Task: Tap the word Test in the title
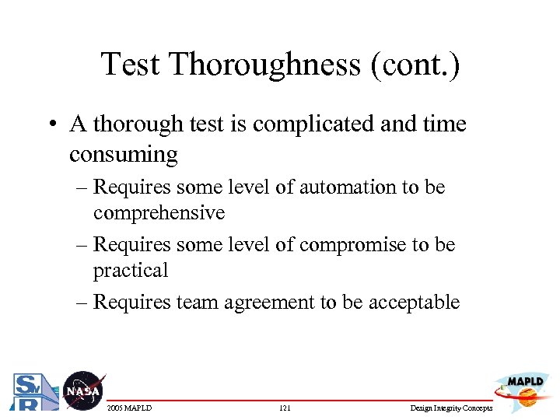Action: (130, 65)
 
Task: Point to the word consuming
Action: (123, 154)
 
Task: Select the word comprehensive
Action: (159, 213)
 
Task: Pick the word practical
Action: (131, 271)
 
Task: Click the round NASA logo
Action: (82, 390)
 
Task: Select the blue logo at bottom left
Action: (32, 393)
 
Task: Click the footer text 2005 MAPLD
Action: (130, 408)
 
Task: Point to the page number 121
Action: (284, 408)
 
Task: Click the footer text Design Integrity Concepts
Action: (450, 408)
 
